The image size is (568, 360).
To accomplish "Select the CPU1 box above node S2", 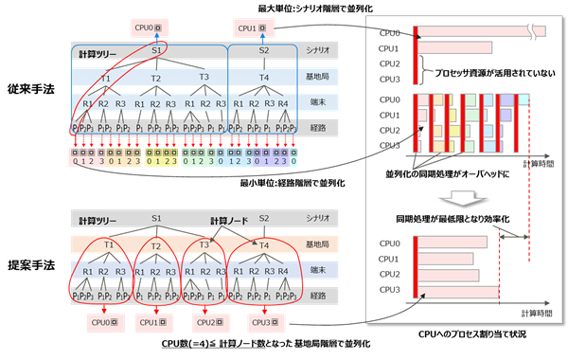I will point(252,29).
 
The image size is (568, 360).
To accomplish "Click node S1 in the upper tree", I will point(158,50).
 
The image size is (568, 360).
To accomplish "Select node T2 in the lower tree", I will point(155,243).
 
